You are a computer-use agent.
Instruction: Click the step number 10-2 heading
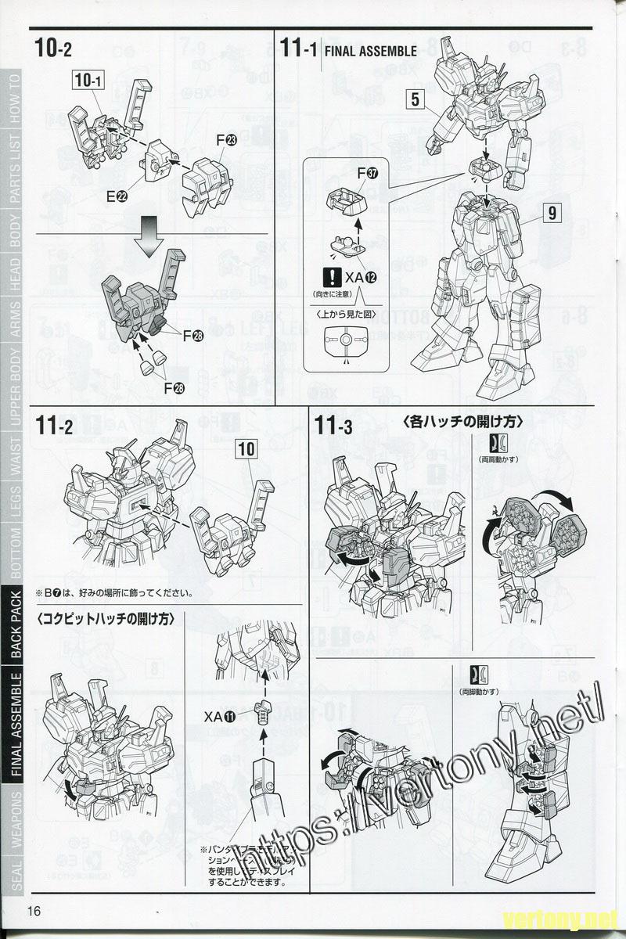pos(53,49)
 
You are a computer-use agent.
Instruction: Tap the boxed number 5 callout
pos(415,99)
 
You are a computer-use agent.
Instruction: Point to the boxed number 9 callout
pos(552,211)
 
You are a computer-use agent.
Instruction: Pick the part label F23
pos(226,141)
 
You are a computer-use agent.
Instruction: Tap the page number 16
pos(34,910)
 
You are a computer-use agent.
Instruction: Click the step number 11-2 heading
pos(54,427)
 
